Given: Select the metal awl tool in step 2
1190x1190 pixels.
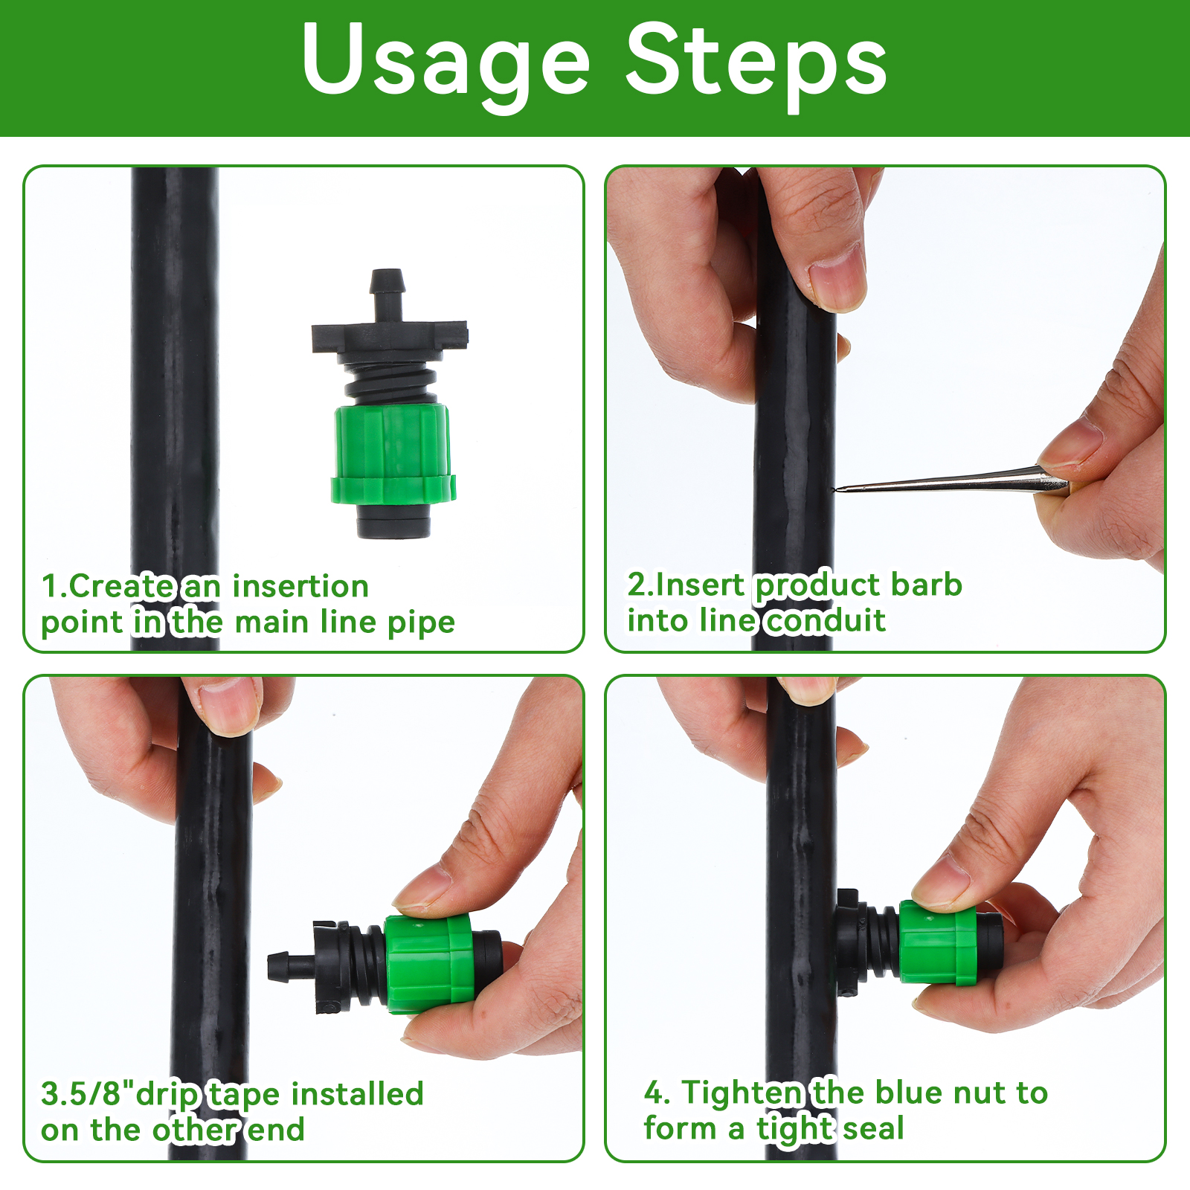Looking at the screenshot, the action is (953, 481).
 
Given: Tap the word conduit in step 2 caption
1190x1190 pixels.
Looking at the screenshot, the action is (826, 620).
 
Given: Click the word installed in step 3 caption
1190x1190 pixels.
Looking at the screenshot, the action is (357, 1094).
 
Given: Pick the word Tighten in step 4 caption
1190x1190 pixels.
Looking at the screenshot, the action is (743, 1093).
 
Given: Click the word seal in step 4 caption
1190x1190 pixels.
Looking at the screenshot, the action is (874, 1128).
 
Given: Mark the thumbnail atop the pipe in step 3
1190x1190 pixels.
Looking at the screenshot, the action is (227, 707).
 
